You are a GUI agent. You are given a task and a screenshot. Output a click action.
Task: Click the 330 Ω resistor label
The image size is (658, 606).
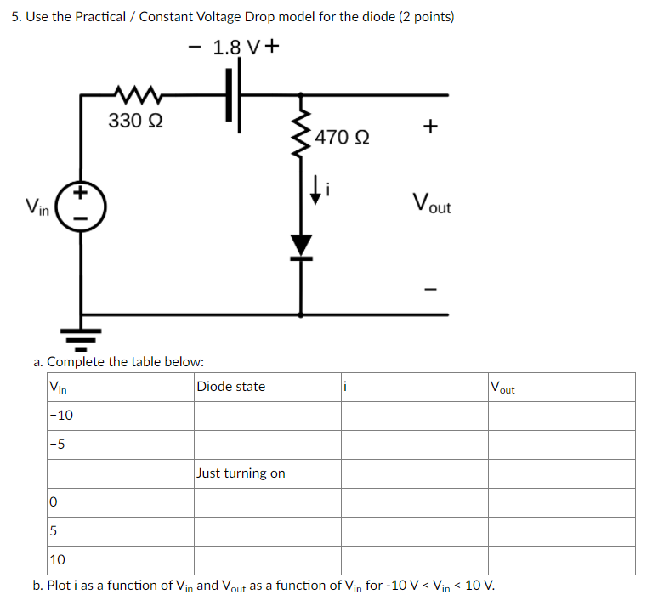137,121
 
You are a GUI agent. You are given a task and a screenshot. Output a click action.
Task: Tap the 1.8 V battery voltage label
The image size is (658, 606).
234,48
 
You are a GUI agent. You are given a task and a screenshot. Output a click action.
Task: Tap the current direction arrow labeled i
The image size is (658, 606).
316,190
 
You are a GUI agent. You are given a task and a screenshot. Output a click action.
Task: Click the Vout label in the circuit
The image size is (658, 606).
431,204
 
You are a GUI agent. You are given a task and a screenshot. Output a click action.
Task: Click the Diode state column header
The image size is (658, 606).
230,387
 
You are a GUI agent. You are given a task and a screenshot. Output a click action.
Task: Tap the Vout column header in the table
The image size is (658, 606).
502,388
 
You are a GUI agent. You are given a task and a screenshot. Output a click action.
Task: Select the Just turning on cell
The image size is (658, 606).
241,473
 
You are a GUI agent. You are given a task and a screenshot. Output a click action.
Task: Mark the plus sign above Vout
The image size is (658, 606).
430,127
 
